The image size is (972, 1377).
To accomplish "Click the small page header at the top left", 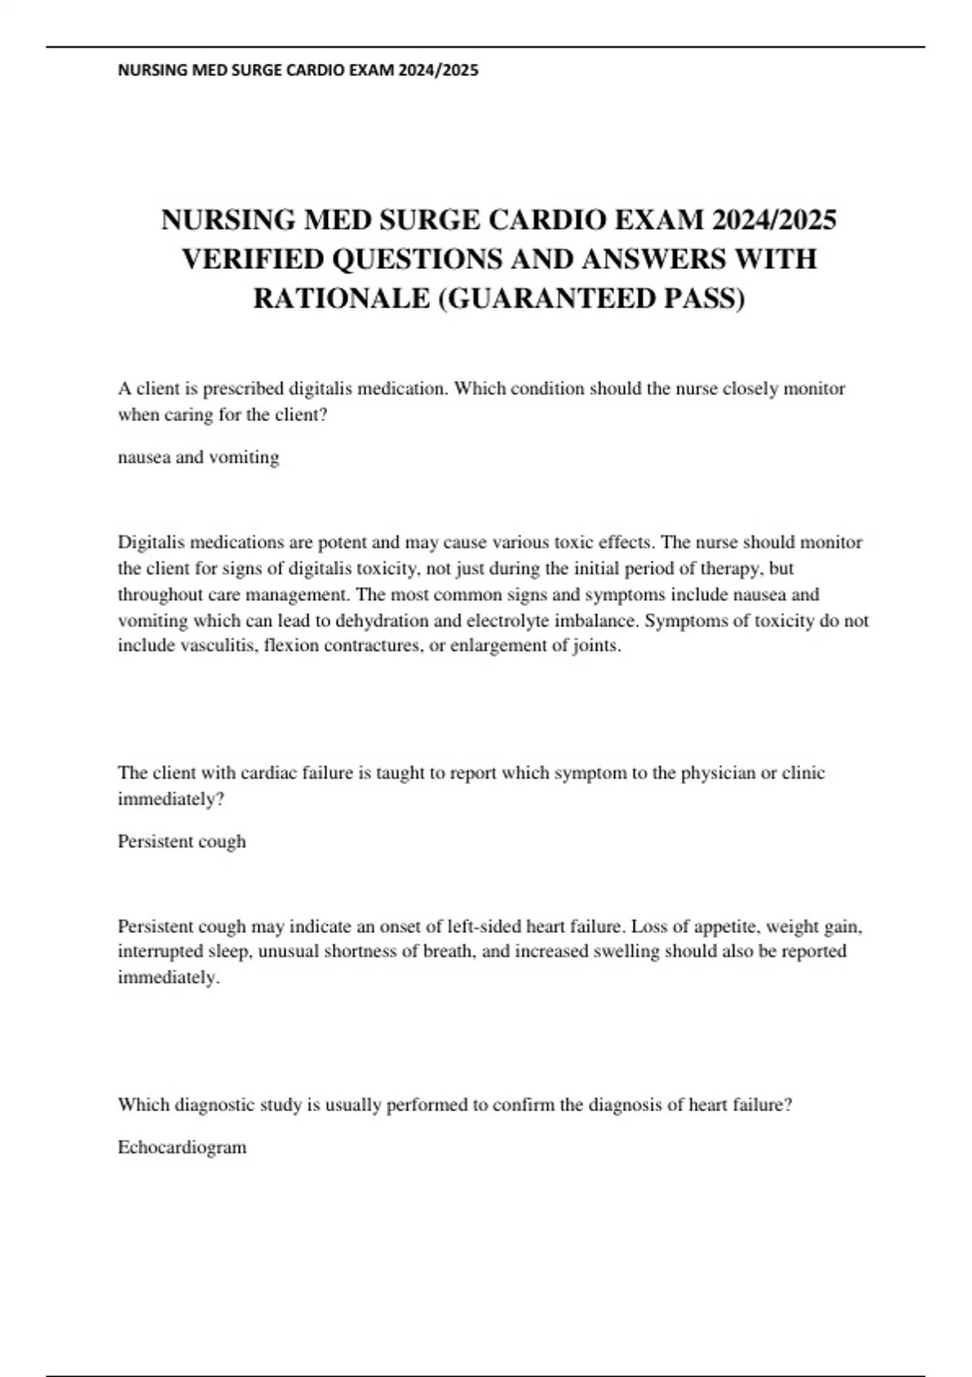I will pyautogui.click(x=298, y=70).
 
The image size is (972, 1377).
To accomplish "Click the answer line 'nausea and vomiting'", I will pyautogui.click(x=198, y=458).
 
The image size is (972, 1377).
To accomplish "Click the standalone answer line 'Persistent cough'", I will pyautogui.click(x=181, y=842).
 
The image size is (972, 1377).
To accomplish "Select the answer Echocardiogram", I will pyautogui.click(x=182, y=1148).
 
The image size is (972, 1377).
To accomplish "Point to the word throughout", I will pyautogui.click(x=160, y=595).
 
